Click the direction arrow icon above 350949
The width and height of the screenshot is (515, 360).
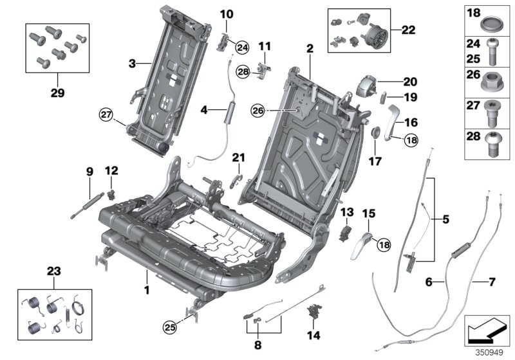(487, 330)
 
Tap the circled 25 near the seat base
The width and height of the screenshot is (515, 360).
(169, 328)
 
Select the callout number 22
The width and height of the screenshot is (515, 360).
(409, 30)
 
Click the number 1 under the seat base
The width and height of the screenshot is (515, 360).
(147, 291)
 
